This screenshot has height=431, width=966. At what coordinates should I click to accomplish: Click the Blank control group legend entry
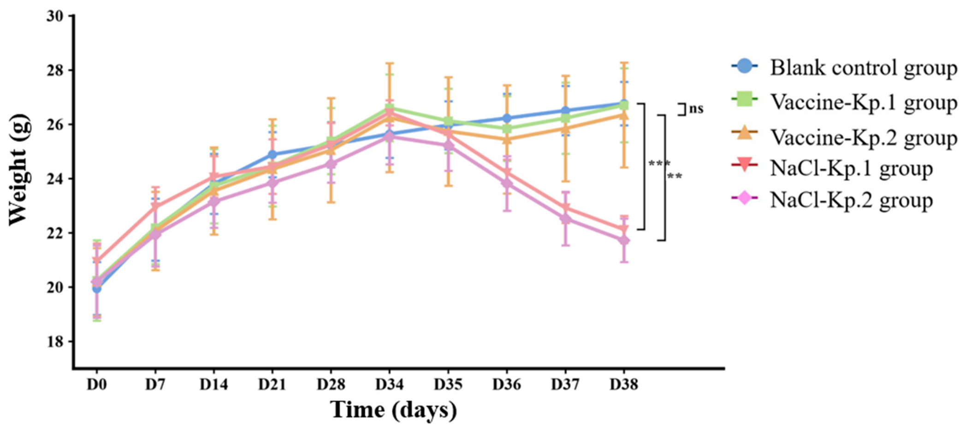click(844, 68)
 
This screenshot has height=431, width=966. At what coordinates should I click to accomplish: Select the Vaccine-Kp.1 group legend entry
click(844, 102)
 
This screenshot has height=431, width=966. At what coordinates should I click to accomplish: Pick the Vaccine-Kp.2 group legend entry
click(844, 137)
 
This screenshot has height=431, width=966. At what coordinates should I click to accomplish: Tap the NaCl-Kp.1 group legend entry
click(832, 168)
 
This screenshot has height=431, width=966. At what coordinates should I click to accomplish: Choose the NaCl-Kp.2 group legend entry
click(832, 200)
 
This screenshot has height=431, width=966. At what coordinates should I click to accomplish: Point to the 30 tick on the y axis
click(56, 16)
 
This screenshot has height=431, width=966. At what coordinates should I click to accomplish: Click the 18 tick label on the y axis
click(56, 342)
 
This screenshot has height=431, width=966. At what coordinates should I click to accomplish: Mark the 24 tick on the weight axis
click(56, 179)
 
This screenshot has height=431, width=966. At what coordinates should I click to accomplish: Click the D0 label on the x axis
click(97, 384)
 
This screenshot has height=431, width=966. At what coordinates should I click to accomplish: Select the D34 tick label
click(390, 384)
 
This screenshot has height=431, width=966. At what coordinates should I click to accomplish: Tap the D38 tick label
click(624, 384)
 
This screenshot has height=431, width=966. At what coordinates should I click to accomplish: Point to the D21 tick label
click(273, 384)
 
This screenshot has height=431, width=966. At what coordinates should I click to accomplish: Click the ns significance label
click(696, 109)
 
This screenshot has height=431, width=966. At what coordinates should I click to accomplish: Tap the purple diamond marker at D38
click(624, 240)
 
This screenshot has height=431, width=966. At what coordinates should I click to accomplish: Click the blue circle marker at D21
click(273, 154)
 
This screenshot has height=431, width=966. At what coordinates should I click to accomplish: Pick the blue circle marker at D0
click(97, 288)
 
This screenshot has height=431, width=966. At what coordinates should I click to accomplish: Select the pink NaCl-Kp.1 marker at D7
click(155, 207)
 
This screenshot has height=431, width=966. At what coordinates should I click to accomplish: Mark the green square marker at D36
click(507, 129)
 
